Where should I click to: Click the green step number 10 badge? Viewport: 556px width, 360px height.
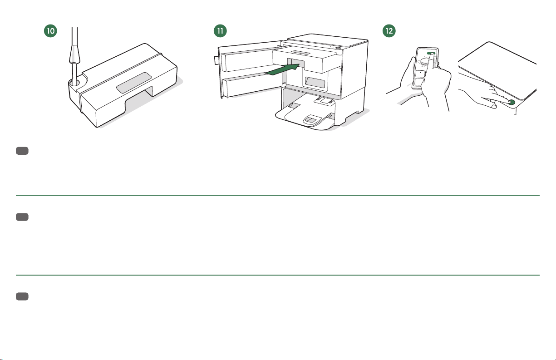pyautogui.click(x=50, y=31)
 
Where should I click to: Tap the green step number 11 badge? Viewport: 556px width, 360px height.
pyautogui.click(x=220, y=31)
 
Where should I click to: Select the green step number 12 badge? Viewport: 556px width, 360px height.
pyautogui.click(x=389, y=31)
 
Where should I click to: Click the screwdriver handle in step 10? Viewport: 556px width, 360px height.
pyautogui.click(x=75, y=54)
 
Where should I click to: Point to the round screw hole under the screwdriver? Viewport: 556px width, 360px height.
pyautogui.click(x=74, y=83)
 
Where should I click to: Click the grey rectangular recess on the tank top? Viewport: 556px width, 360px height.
pyautogui.click(x=134, y=83)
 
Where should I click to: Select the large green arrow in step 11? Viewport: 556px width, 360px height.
pyautogui.click(x=282, y=69)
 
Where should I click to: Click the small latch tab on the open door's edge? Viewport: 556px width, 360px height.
pyautogui.click(x=216, y=60)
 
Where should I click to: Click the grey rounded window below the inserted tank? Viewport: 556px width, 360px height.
pyautogui.click(x=315, y=82)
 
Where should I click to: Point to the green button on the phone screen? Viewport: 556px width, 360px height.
pyautogui.click(x=431, y=54)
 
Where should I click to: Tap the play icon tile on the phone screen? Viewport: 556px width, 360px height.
pyautogui.click(x=420, y=73)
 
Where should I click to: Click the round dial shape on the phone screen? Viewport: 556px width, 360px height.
pyautogui.click(x=424, y=62)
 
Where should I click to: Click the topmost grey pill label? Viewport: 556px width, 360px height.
pyautogui.click(x=22, y=151)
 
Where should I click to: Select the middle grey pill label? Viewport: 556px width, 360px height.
pyautogui.click(x=22, y=217)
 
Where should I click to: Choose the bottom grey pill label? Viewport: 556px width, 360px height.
pyautogui.click(x=22, y=296)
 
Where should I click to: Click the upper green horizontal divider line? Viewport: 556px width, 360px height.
pyautogui.click(x=278, y=195)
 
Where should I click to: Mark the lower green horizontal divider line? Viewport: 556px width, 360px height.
pyautogui.click(x=278, y=275)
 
